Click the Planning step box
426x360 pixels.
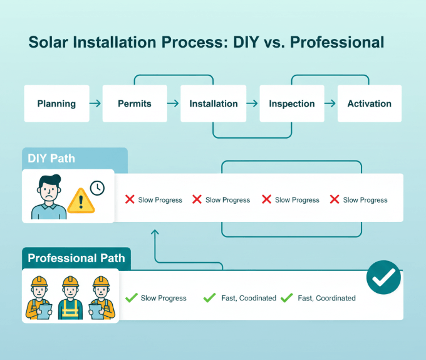click(x=56, y=103)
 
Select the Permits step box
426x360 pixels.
click(x=135, y=103)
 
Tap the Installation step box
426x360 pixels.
click(x=214, y=103)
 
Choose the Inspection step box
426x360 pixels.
click(x=291, y=103)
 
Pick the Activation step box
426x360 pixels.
click(x=370, y=103)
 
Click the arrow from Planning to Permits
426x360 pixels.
click(x=95, y=103)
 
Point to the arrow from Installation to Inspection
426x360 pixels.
click(x=252, y=103)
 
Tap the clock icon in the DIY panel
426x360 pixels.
click(x=97, y=188)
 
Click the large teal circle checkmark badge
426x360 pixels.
click(x=383, y=277)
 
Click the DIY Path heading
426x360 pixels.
click(x=51, y=159)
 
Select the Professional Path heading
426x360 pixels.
click(x=76, y=258)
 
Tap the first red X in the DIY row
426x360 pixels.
click(x=130, y=199)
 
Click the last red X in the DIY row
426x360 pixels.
click(x=335, y=199)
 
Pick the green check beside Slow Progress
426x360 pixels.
click(x=132, y=298)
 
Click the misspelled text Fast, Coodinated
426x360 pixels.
click(x=248, y=298)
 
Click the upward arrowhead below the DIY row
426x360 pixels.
click(x=155, y=233)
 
